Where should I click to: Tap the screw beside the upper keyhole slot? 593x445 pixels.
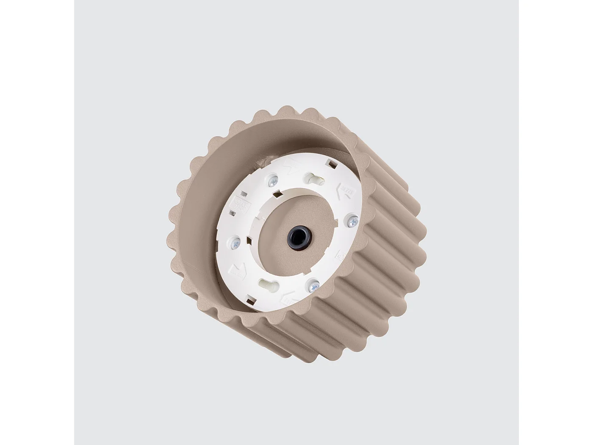272,181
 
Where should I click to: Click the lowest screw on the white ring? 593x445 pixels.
313,286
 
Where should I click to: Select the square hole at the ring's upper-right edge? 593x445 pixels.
330,162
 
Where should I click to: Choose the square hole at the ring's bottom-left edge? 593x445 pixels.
251,302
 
